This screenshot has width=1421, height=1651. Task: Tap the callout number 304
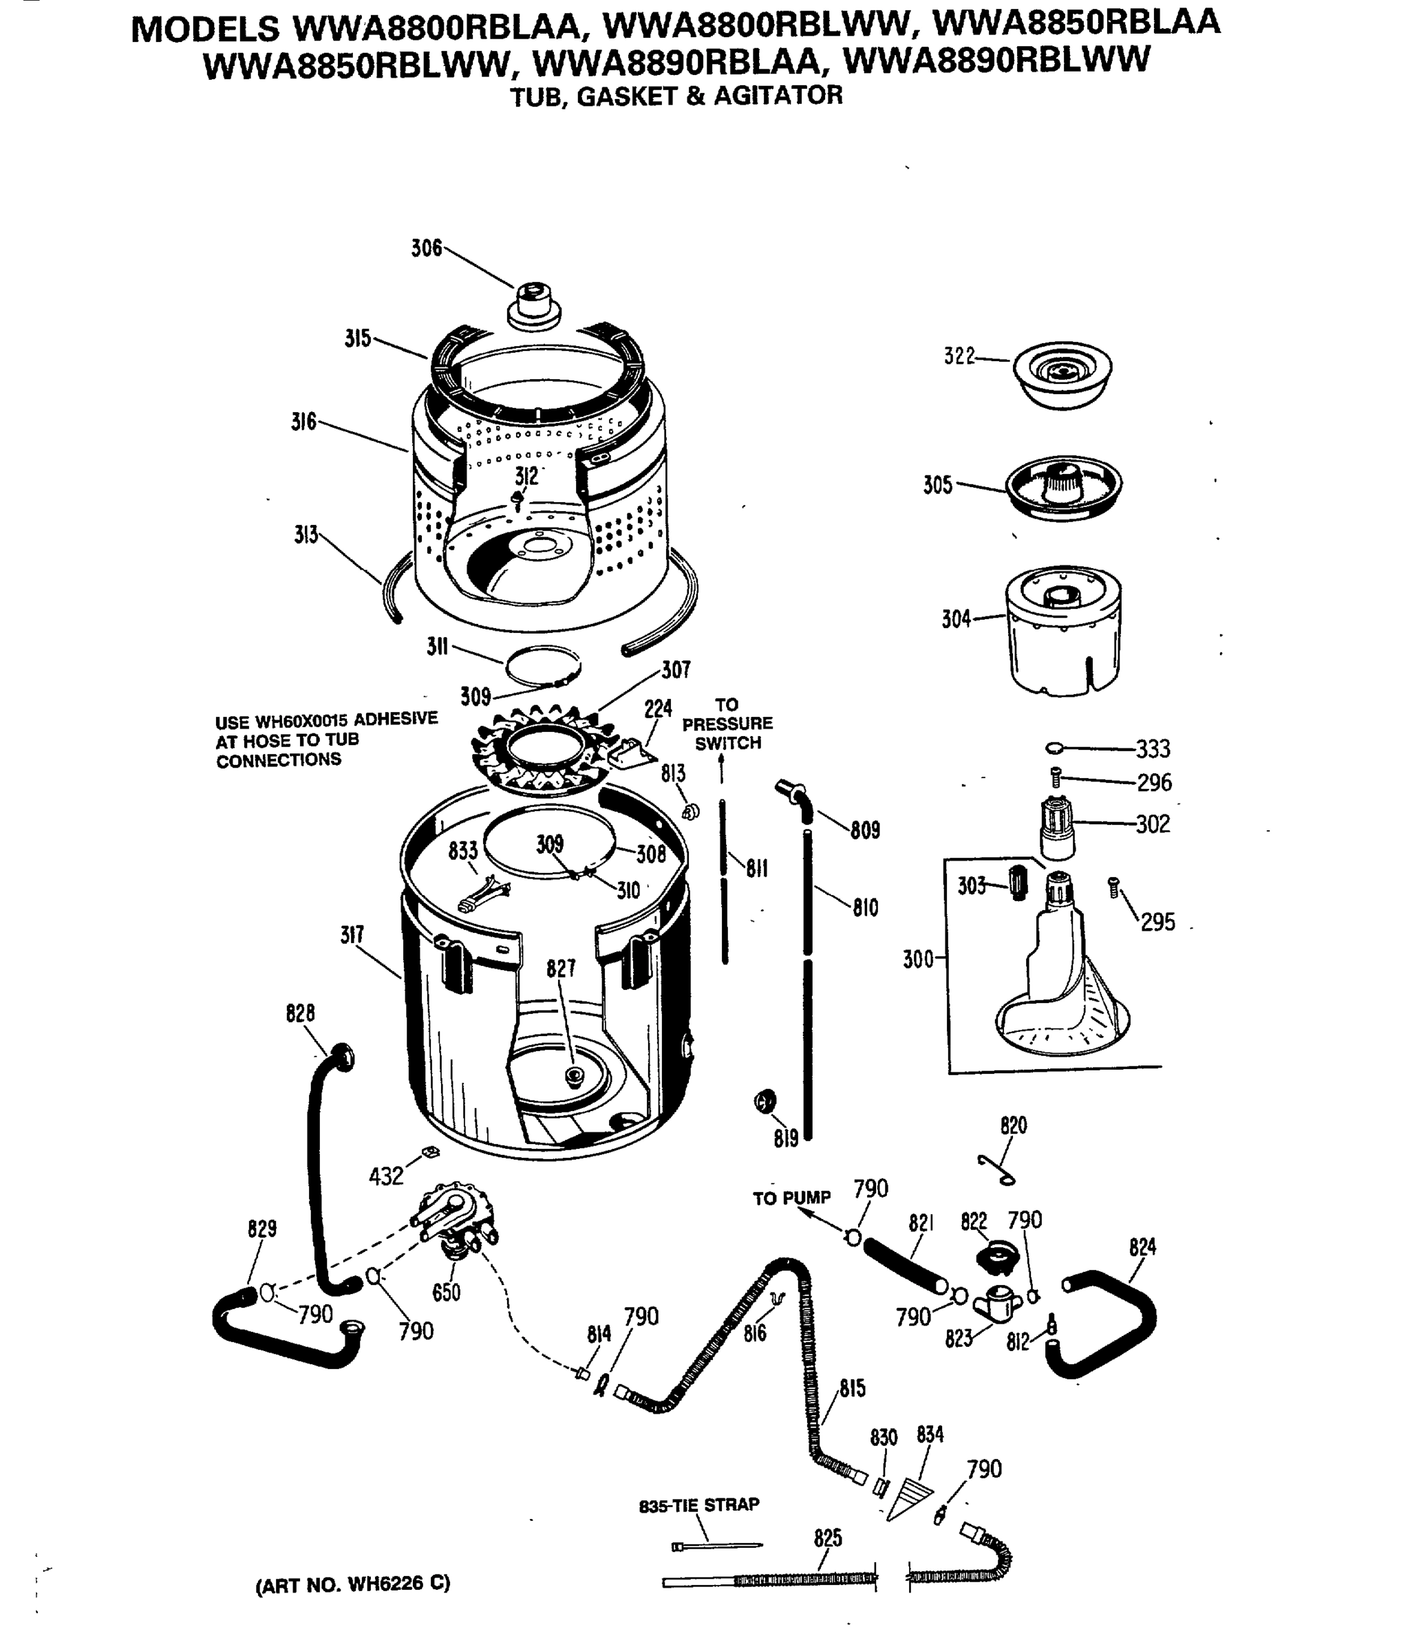click(956, 619)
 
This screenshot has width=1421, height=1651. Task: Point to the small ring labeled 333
click(1054, 747)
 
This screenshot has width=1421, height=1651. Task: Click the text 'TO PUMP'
click(791, 1198)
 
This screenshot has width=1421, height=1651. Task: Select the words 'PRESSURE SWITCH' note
click(727, 733)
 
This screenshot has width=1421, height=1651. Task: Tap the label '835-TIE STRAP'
click(699, 1504)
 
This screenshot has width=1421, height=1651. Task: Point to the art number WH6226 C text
click(352, 1584)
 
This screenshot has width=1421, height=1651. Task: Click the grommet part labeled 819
click(765, 1102)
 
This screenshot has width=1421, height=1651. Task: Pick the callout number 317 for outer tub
click(352, 935)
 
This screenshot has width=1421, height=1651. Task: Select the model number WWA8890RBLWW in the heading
click(996, 60)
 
